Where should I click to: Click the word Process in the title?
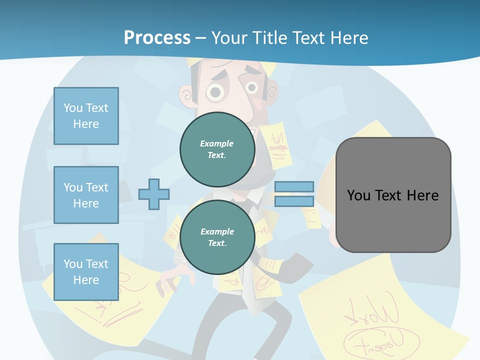(x=157, y=38)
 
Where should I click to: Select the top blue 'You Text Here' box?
(x=86, y=116)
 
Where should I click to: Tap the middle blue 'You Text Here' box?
(x=86, y=195)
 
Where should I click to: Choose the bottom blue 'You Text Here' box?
(x=86, y=272)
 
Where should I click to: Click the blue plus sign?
(x=153, y=194)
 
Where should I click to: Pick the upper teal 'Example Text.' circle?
(x=217, y=149)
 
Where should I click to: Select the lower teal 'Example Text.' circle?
(x=217, y=237)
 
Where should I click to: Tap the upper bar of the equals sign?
(x=294, y=186)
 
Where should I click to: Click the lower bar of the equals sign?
(x=294, y=201)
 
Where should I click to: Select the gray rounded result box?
(x=393, y=195)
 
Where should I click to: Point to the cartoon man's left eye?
(x=215, y=91)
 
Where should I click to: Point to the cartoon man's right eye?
(x=252, y=88)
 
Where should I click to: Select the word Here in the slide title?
(x=349, y=38)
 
